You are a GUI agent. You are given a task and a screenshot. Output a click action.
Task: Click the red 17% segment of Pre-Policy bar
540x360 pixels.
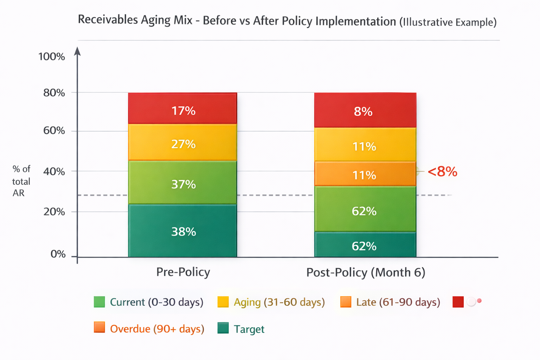[182, 108]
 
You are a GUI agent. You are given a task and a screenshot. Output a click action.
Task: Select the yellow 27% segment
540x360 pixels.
[182, 142]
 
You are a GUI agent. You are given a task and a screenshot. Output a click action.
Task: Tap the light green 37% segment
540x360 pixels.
[182, 182]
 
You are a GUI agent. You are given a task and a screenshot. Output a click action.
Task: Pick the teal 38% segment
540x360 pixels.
[182, 231]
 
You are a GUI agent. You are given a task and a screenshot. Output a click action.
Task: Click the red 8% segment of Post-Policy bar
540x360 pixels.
[365, 110]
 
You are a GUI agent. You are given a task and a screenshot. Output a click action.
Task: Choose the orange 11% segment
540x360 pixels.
[365, 174]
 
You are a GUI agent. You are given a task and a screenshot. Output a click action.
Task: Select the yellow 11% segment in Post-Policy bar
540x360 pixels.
[365, 144]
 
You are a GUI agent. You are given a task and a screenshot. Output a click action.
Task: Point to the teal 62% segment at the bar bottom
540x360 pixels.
[365, 244]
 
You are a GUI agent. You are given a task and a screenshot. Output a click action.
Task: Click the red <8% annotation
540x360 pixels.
[442, 172]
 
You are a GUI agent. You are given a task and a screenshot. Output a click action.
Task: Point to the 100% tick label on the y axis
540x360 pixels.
[52, 57]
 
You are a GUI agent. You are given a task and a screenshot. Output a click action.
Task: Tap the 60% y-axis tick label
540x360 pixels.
[54, 131]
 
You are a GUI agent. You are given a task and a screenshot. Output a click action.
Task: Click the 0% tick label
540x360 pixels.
[58, 254]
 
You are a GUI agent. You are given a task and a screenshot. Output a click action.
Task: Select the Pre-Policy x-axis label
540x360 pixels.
[183, 272]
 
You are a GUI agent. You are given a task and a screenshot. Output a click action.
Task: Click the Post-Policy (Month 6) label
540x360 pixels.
[366, 272]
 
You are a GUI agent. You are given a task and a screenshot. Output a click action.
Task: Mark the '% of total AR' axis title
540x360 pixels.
[21, 181]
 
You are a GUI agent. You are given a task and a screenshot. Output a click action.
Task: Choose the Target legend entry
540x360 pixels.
[241, 329]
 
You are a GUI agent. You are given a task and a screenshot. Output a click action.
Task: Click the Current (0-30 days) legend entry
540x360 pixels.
[148, 302]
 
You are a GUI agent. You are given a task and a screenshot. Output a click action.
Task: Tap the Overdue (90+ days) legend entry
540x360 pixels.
[149, 328]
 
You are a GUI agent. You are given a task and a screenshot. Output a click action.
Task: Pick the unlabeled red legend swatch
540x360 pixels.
[458, 302]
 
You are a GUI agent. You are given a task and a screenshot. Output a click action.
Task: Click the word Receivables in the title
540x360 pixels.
[108, 19]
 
